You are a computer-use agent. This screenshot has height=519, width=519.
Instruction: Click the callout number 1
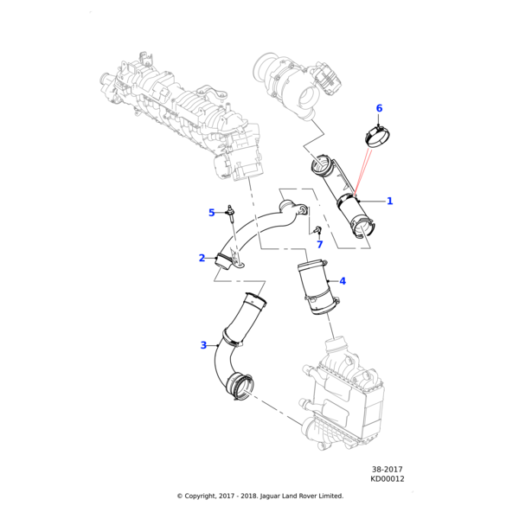tap(389, 202)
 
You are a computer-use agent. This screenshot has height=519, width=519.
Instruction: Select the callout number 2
tap(202, 258)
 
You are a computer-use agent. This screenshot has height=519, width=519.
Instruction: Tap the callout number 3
tap(203, 345)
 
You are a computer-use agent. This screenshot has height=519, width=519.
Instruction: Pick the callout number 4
tap(343, 281)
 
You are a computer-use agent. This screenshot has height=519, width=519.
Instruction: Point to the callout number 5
tap(211, 213)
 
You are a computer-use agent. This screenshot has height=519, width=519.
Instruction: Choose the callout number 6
tap(378, 108)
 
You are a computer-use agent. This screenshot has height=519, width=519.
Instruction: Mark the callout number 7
tap(319, 245)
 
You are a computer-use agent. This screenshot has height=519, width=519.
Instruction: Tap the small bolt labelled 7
tap(317, 231)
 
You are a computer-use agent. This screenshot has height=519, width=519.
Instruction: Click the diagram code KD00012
tap(388, 478)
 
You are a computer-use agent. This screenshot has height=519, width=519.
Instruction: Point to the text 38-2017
tap(388, 468)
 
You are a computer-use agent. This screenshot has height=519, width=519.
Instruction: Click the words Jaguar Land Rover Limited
tap(298, 496)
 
